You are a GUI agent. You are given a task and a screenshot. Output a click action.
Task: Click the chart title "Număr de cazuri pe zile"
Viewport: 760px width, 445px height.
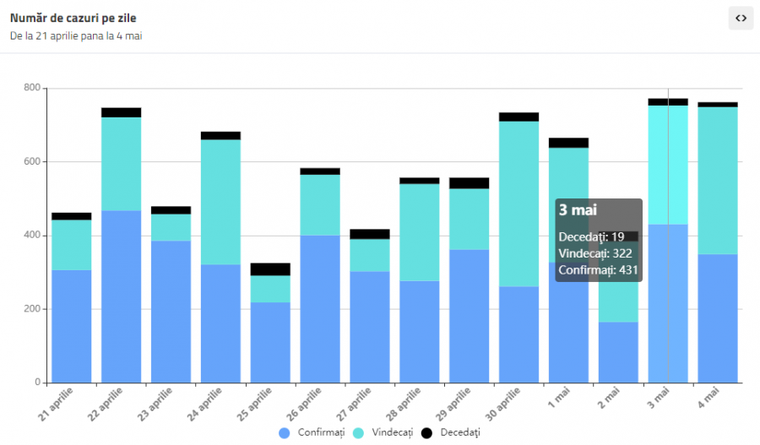(x=73, y=18)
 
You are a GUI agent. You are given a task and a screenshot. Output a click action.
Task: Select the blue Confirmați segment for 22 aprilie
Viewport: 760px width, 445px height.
(x=121, y=296)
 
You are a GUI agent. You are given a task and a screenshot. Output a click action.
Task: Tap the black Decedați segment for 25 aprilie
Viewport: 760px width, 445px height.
(x=270, y=269)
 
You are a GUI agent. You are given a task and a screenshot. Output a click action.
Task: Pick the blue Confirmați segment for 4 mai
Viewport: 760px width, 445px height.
(x=718, y=318)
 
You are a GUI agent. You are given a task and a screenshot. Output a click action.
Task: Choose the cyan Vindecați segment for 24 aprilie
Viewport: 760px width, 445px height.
(x=220, y=202)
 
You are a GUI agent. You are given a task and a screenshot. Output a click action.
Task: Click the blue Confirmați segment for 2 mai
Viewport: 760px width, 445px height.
(x=618, y=352)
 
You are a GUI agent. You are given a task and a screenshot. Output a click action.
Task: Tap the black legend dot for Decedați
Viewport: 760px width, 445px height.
(x=426, y=432)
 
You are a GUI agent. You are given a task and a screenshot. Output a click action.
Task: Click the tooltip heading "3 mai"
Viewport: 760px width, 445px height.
(x=578, y=210)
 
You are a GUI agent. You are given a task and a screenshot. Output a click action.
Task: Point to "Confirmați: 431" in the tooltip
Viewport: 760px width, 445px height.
(x=598, y=270)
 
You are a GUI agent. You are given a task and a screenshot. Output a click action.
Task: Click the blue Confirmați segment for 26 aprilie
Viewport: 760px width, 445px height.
(x=320, y=309)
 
